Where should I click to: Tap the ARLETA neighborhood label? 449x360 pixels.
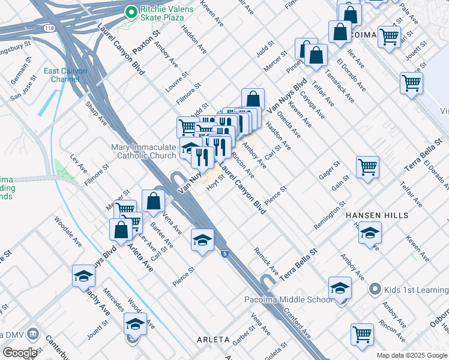[x=213, y=340]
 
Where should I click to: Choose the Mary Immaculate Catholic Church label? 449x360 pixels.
[x=144, y=152]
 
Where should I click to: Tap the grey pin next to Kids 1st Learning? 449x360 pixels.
[x=375, y=290]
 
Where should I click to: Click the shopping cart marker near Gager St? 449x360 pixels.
[x=367, y=167]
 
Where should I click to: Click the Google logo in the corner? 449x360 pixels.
[x=20, y=352]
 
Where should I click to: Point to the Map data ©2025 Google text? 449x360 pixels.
[x=412, y=355]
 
